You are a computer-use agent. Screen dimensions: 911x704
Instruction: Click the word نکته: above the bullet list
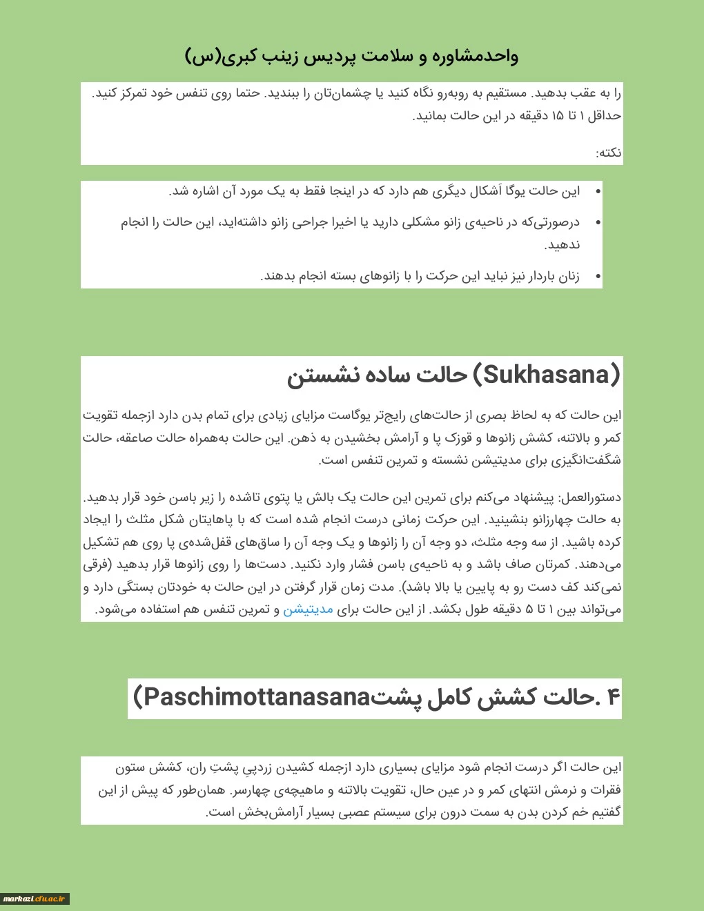(x=609, y=153)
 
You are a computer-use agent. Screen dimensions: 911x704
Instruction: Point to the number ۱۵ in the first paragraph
(x=556, y=116)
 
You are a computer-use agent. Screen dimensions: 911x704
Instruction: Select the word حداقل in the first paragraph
(x=605, y=116)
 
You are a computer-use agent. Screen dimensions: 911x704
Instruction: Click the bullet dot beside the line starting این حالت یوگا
(x=598, y=191)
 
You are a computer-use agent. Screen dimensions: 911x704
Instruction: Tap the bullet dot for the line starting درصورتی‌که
(x=598, y=222)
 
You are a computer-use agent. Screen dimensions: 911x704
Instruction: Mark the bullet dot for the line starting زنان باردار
(x=598, y=277)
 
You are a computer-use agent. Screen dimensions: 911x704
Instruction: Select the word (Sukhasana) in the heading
(x=546, y=375)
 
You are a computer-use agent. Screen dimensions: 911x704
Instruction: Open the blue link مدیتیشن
(x=308, y=609)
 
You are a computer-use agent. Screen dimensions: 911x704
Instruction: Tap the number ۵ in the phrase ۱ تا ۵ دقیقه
(x=529, y=609)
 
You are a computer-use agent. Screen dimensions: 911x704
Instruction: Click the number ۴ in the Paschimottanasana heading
(x=613, y=698)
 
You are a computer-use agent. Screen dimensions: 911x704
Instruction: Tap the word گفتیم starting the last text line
(x=605, y=812)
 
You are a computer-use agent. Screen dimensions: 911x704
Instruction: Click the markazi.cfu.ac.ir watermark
(x=35, y=899)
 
